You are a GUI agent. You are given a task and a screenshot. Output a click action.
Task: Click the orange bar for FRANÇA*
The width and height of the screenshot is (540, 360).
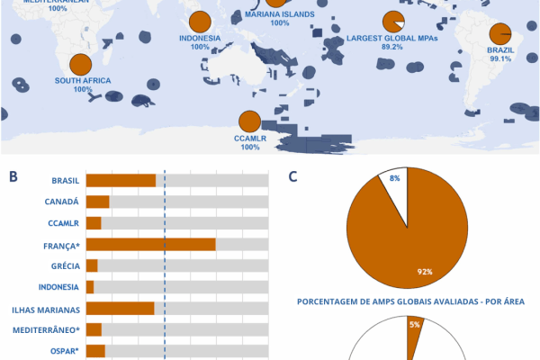150,244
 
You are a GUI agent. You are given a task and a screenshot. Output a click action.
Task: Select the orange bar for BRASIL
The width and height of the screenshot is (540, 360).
121,180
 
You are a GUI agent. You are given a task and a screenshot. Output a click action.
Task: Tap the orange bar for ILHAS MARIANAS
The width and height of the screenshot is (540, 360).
120,309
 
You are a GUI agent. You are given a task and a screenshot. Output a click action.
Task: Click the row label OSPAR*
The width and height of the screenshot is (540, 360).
61,351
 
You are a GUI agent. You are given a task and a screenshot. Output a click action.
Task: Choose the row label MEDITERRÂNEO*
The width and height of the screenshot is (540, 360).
44,330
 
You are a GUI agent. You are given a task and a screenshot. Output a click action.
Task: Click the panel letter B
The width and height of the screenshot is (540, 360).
13,176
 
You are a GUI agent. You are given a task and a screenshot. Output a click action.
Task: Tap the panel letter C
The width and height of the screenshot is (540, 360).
293,176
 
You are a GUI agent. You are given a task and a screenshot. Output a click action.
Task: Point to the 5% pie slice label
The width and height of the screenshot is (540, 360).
415,324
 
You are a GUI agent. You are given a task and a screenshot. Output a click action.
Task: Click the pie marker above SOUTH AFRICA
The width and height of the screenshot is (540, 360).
81,65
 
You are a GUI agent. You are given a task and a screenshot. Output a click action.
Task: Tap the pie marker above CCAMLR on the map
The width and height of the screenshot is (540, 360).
248,121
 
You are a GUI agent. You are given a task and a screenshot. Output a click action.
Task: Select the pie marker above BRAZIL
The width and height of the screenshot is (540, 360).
499,32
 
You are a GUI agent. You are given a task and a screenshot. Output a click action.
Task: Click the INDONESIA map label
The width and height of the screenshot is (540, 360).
200,39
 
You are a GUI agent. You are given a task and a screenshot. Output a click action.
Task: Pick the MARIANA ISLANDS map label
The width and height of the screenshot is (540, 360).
279,15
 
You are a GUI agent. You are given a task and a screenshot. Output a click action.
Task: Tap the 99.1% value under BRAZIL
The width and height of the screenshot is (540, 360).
499,58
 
